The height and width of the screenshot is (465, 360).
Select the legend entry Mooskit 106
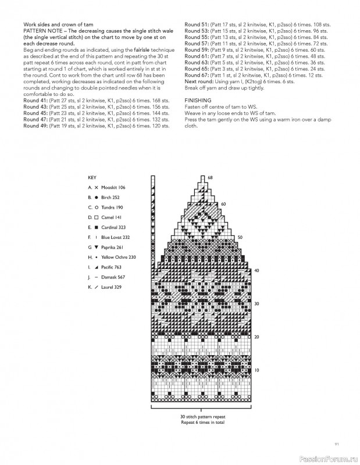coord(113,188)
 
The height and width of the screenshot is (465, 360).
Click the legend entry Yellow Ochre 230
coord(118,257)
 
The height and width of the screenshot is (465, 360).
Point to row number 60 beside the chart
coord(223,204)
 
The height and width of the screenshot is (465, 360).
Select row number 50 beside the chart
coord(240,237)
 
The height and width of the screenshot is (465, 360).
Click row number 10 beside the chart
coord(256,370)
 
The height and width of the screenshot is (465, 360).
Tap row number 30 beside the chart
coord(256,303)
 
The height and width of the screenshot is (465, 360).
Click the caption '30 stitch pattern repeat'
coord(201,417)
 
